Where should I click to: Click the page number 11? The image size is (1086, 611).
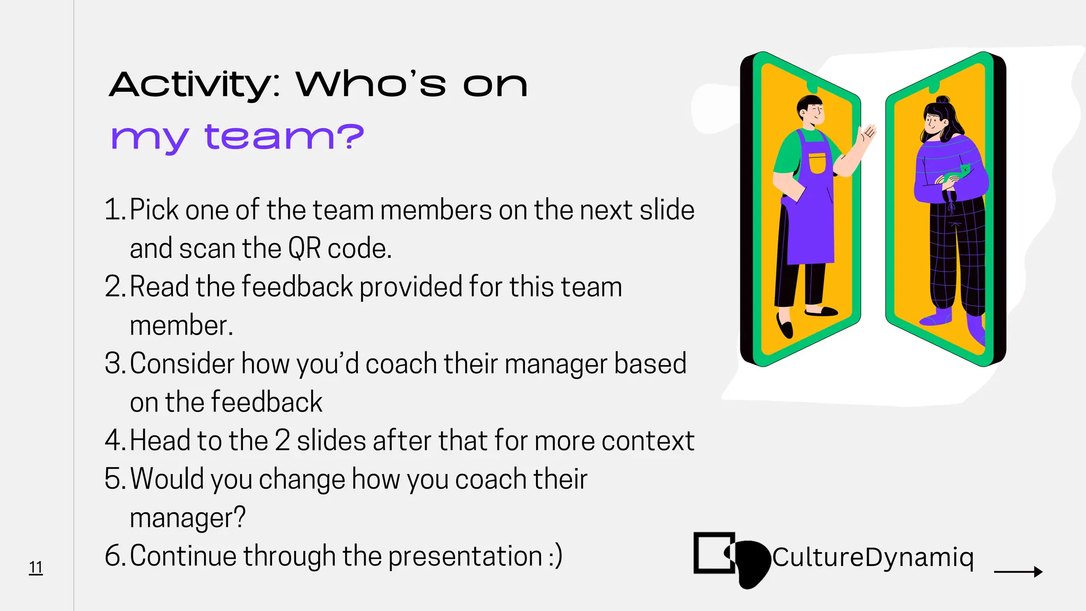point(36,568)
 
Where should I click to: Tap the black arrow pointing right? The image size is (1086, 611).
point(1018,572)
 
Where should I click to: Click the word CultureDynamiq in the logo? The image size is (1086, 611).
point(873,557)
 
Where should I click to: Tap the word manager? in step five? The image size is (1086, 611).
point(188,518)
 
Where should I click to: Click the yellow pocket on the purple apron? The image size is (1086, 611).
point(817,163)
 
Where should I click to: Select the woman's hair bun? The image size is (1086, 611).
point(942,100)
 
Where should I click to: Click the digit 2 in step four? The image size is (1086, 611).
point(282,441)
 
